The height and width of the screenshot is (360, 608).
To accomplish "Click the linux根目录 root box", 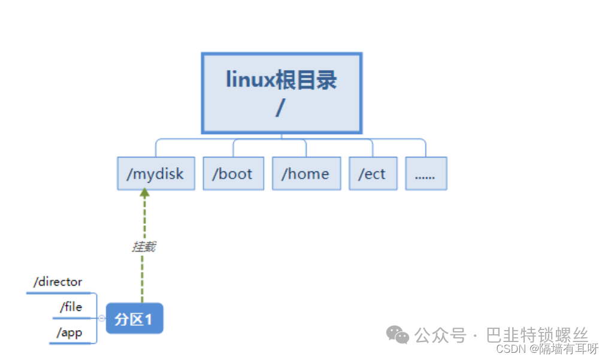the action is tap(282, 93).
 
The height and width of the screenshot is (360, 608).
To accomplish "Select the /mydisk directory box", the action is tap(156, 173).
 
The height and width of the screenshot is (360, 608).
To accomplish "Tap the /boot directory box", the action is tap(234, 173).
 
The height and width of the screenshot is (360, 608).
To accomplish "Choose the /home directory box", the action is tap(306, 173).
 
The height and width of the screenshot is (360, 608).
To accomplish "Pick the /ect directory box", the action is tap(373, 173).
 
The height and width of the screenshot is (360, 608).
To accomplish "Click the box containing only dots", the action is tap(426, 173).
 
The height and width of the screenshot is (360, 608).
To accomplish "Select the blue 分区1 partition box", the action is tap(135, 319).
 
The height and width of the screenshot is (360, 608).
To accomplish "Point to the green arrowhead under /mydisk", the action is tap(144, 192).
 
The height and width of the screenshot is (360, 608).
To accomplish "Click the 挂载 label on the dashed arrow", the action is tap(144, 247).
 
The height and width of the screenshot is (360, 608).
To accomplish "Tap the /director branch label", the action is tap(58, 282).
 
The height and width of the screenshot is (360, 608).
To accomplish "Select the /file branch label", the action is tap(71, 307).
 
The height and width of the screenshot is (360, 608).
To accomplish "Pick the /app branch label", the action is tap(69, 333).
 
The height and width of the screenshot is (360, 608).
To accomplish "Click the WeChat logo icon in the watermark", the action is tap(398, 334).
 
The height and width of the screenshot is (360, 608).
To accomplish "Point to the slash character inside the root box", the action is tap(280, 107).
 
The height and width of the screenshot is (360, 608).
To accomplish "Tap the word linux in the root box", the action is tap(250, 80).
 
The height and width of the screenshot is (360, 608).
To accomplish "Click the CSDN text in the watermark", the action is tap(511, 349).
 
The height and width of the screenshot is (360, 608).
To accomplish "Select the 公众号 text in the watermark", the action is tap(440, 335).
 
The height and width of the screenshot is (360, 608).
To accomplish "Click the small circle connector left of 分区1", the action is tap(102, 319).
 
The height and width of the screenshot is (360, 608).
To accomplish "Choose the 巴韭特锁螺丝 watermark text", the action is tap(537, 334).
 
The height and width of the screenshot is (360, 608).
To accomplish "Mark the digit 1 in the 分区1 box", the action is tap(148, 319).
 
